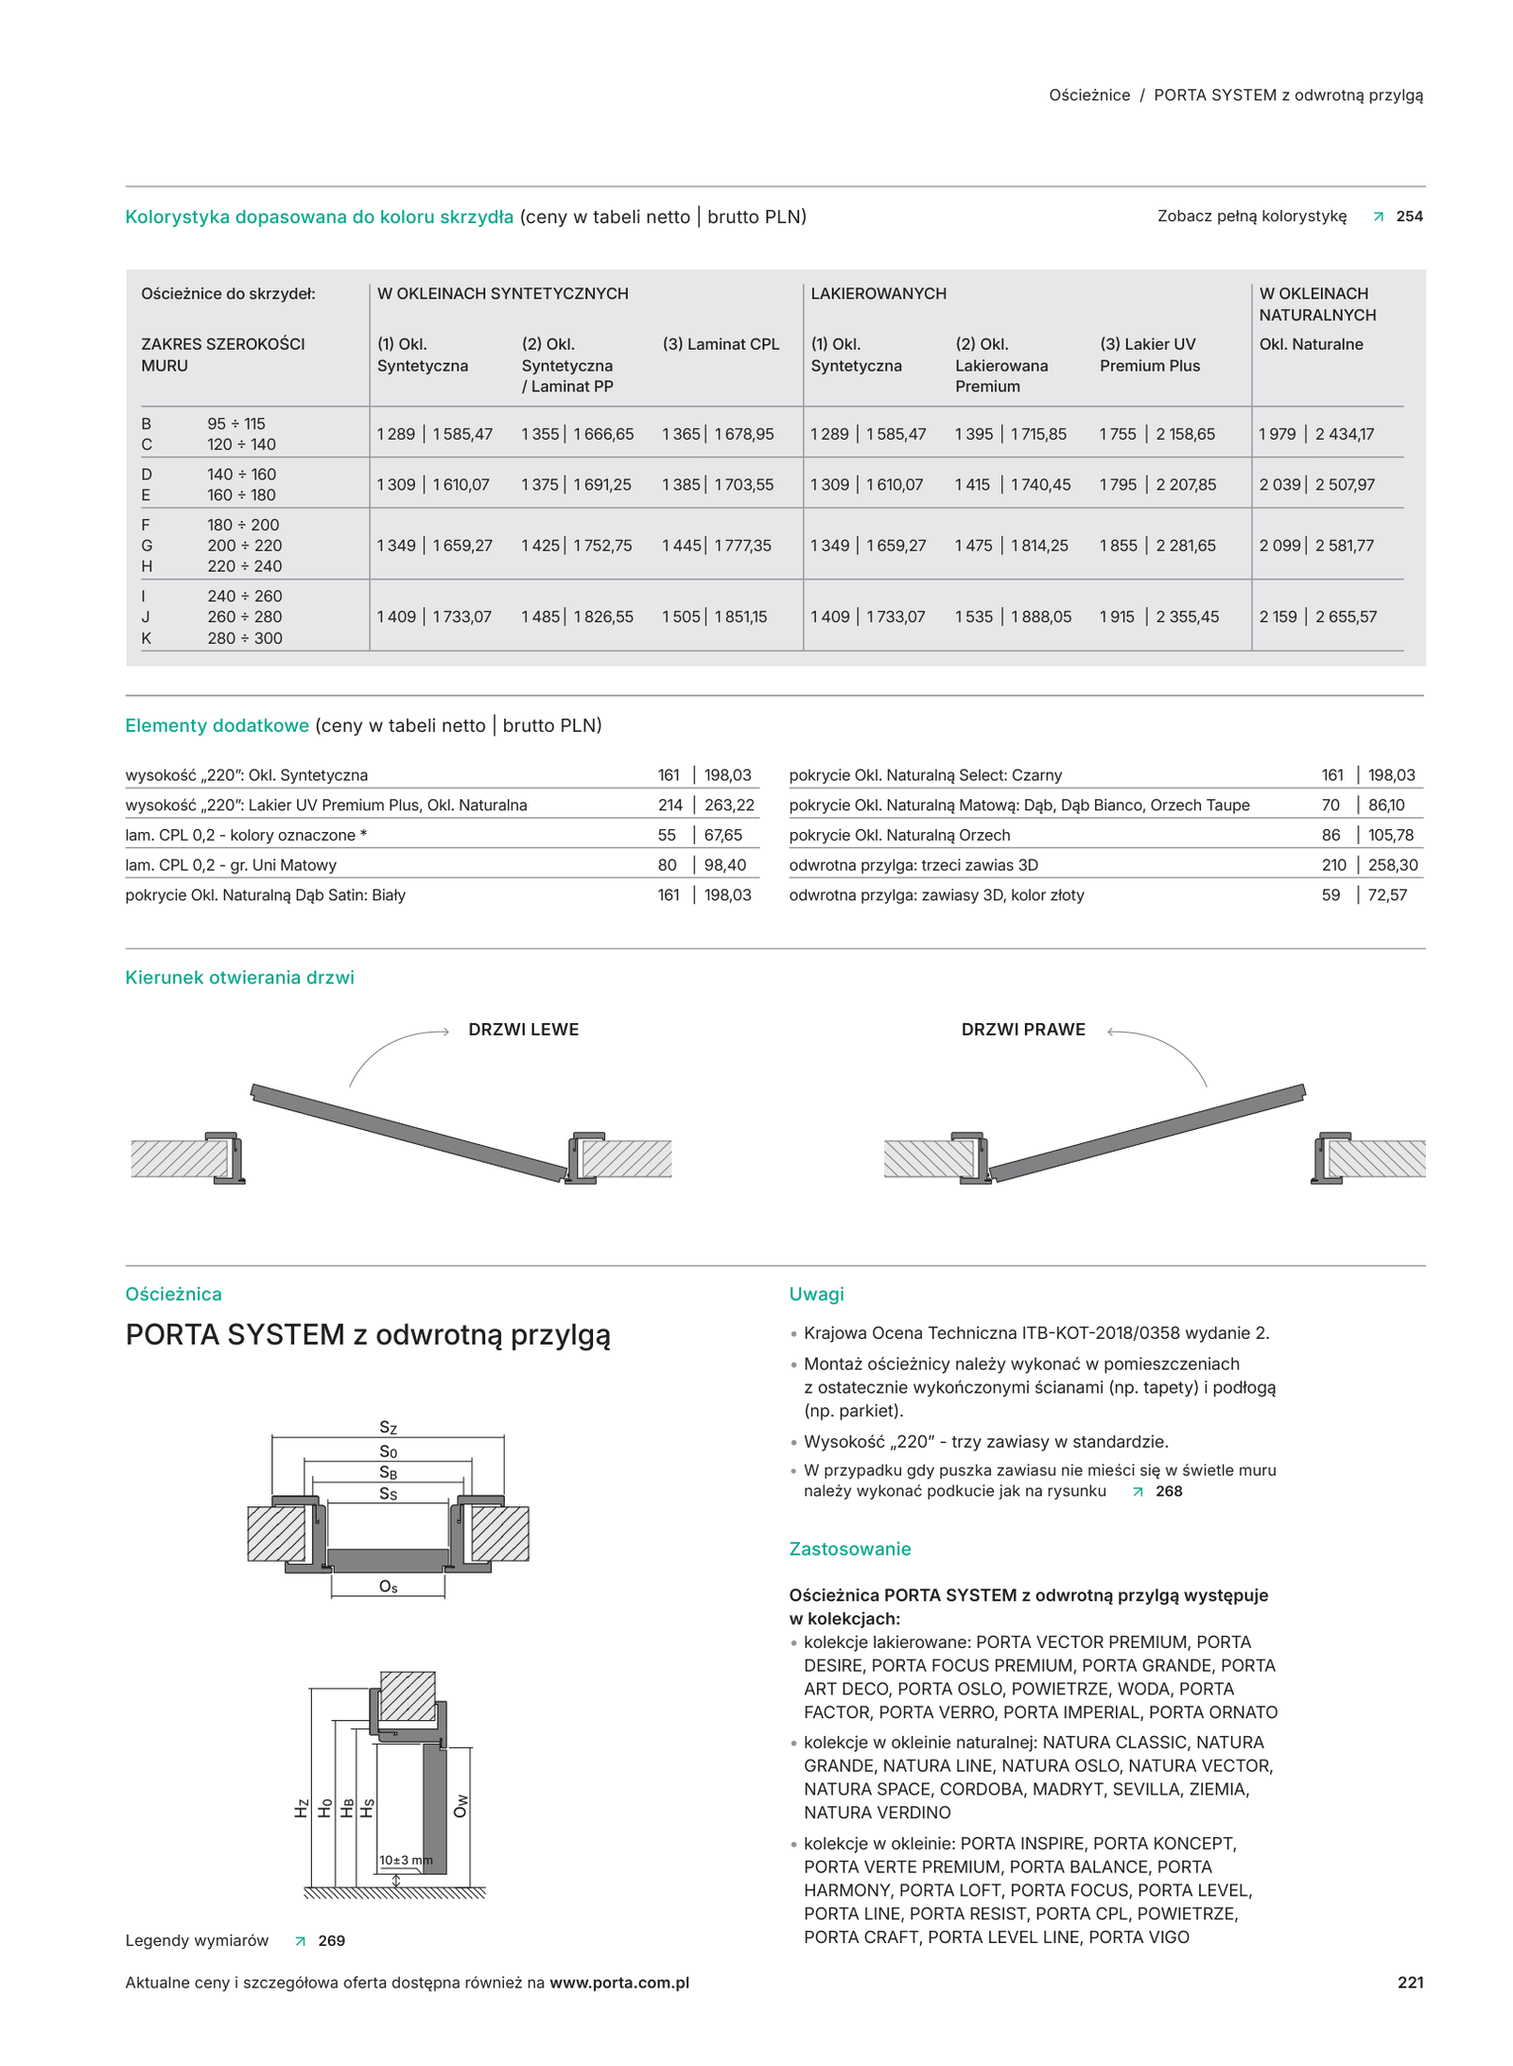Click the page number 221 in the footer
point(1410,1982)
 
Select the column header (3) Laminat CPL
point(721,344)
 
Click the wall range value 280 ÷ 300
point(245,638)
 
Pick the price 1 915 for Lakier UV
point(1117,616)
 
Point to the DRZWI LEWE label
point(523,1030)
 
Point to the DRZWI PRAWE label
point(1023,1030)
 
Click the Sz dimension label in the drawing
point(388,1428)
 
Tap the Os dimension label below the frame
point(388,1587)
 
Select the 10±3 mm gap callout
point(406,1860)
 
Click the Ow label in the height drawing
point(461,1806)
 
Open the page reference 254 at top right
point(1409,217)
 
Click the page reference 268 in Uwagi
point(1169,1491)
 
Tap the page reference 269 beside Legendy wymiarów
point(331,1940)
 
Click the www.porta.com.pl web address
point(619,1983)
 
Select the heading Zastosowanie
point(850,1549)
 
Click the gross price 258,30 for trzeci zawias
point(1393,865)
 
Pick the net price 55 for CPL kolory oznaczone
point(667,835)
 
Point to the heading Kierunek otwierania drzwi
point(239,978)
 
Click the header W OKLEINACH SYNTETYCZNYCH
point(502,294)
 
